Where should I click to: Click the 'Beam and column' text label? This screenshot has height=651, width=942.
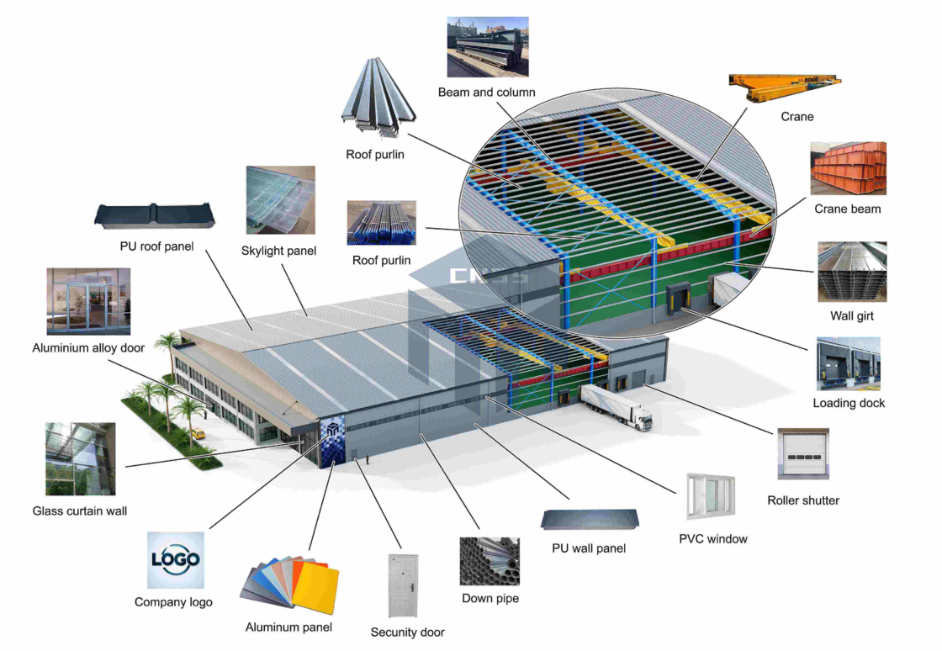(486, 93)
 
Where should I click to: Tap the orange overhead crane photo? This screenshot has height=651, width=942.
(785, 87)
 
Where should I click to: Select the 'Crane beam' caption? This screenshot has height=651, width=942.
(847, 209)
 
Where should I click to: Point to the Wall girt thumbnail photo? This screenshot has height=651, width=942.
(852, 272)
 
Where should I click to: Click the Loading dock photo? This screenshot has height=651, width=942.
(848, 363)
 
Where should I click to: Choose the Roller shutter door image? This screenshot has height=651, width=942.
(803, 453)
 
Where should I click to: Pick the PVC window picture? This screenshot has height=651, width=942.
(711, 496)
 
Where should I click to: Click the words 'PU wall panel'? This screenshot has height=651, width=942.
(589, 548)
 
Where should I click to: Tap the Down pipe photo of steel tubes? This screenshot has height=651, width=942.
(490, 561)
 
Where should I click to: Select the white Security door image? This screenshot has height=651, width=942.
(403, 585)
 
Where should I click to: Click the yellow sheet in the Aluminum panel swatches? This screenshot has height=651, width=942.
(315, 587)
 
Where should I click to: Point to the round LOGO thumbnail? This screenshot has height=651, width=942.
(176, 559)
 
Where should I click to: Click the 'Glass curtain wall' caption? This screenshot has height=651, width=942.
(80, 511)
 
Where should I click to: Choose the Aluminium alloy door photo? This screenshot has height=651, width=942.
(88, 301)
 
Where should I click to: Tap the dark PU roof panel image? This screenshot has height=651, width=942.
(155, 216)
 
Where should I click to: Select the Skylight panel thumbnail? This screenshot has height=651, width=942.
(281, 200)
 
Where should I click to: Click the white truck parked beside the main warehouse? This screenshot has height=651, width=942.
(616, 406)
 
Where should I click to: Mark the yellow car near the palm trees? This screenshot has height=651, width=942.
(197, 433)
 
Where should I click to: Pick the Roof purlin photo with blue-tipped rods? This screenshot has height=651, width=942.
(382, 223)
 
